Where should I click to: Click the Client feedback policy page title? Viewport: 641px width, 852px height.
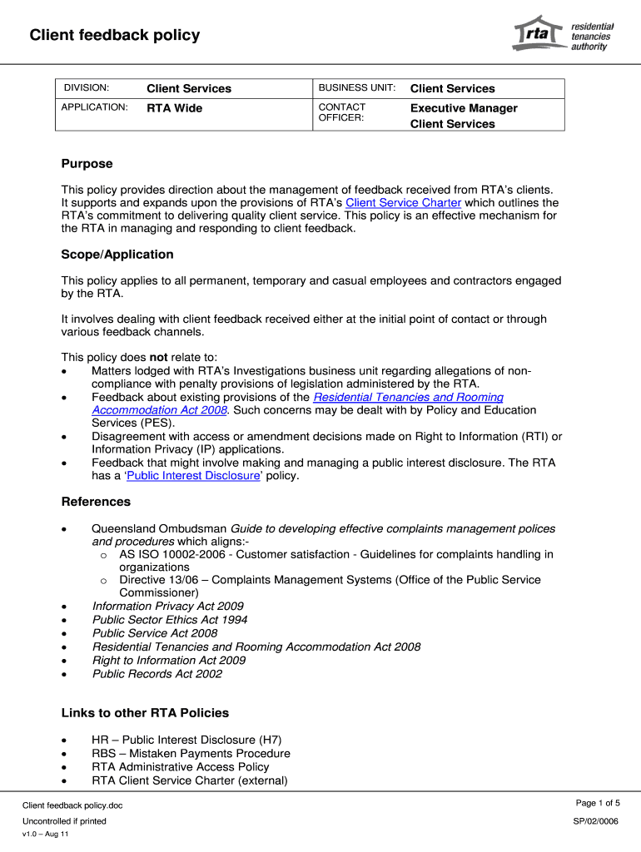(x=115, y=35)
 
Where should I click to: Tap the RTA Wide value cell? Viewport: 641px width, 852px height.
(x=175, y=108)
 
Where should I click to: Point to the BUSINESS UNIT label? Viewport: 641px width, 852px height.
(x=356, y=88)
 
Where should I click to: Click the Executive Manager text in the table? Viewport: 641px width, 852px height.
(x=464, y=108)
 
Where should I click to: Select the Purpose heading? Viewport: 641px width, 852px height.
(x=87, y=164)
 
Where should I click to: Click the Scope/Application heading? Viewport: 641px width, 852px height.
(x=117, y=255)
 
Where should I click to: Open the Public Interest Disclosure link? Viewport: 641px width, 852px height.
(x=193, y=476)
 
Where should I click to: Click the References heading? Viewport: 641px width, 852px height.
(x=96, y=502)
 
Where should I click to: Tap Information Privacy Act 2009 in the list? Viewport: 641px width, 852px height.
(x=167, y=607)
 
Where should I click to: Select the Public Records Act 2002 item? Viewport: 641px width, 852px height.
(x=157, y=674)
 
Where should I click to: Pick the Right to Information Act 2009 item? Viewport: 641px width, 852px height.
(x=168, y=661)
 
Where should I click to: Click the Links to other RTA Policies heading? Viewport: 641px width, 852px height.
(x=145, y=713)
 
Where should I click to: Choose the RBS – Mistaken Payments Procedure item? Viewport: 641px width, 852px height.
(x=191, y=754)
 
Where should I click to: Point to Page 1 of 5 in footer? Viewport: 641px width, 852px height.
(x=597, y=803)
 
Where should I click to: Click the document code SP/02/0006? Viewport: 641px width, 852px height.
(x=595, y=821)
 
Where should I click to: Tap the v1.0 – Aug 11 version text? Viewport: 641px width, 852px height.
(x=46, y=835)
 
